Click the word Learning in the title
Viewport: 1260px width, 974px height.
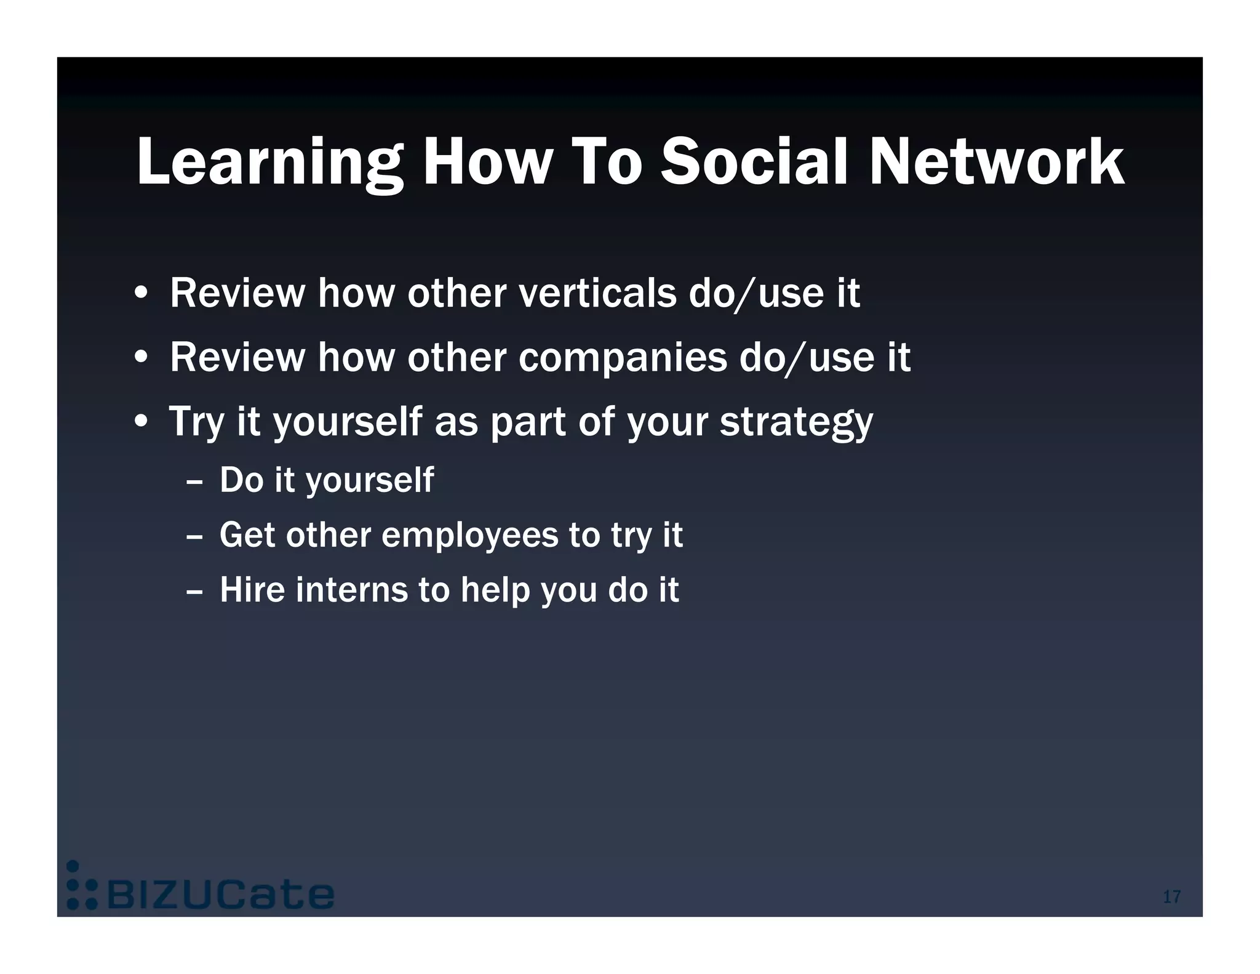coord(269,161)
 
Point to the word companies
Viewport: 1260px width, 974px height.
coord(623,359)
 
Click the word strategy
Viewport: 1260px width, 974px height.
coord(796,423)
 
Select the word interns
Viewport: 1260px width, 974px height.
coord(351,590)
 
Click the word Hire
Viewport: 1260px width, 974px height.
coord(252,590)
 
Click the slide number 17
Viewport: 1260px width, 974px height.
coord(1171,896)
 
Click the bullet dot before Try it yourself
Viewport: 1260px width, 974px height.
coord(142,423)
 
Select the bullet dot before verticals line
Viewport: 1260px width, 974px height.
coord(142,294)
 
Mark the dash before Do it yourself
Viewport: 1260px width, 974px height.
coord(194,481)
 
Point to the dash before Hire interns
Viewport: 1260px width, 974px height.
coord(194,591)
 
